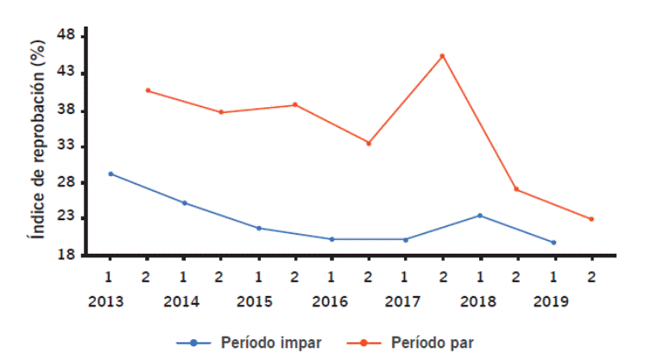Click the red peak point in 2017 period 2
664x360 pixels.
pyautogui.click(x=443, y=56)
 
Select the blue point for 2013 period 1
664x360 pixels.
pyautogui.click(x=111, y=174)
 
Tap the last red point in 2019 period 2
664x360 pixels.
pyautogui.click(x=591, y=219)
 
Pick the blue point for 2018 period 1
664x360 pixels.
pyautogui.click(x=480, y=216)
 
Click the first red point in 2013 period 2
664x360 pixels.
pyautogui.click(x=148, y=91)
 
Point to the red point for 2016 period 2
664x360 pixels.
pyautogui.click(x=369, y=143)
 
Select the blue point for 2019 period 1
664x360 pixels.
pyautogui.click(x=553, y=243)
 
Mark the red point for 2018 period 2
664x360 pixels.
pyautogui.click(x=516, y=189)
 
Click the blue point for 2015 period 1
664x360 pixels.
pyautogui.click(x=259, y=228)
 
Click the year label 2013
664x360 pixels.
pyautogui.click(x=105, y=302)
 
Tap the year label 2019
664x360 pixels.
pyautogui.click(x=549, y=302)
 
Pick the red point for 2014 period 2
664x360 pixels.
pyautogui.click(x=221, y=112)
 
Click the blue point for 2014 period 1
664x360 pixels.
pyautogui.click(x=185, y=203)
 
